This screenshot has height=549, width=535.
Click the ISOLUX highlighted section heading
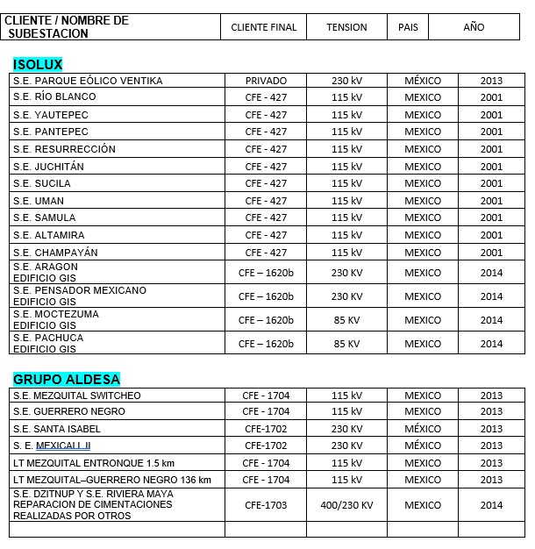[x=38, y=64]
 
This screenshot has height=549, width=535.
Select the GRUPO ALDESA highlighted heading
[x=66, y=379]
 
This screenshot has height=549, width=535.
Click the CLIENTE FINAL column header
[x=264, y=27]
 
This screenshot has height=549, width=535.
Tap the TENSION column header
[x=346, y=27]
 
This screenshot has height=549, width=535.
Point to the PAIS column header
[x=408, y=27]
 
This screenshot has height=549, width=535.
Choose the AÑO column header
[x=474, y=27]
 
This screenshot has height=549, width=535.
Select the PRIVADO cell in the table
[x=266, y=81]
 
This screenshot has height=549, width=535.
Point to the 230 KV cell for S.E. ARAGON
[x=346, y=273]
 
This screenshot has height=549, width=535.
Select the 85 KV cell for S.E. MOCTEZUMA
[x=346, y=320]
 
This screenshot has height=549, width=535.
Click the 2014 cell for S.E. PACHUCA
[x=491, y=344]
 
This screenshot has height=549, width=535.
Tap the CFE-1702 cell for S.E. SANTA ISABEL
[x=266, y=429]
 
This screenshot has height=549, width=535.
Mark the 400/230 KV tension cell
[x=346, y=505]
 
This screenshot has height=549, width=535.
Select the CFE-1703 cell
[x=266, y=505]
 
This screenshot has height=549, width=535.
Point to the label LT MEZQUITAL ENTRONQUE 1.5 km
[x=94, y=463]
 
